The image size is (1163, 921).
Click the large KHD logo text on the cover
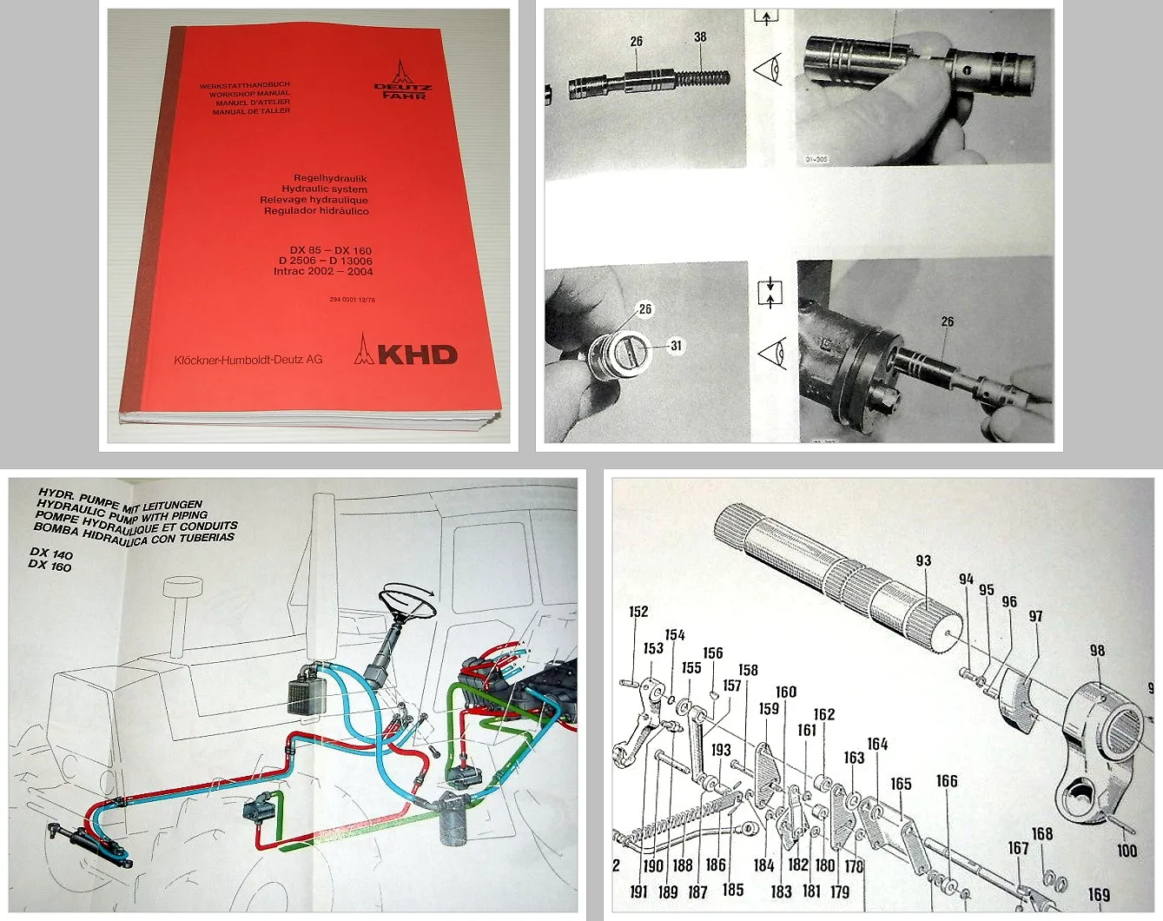click(x=417, y=354)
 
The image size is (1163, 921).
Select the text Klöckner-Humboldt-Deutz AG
click(x=248, y=360)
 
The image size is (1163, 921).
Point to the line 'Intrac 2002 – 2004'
click(x=323, y=272)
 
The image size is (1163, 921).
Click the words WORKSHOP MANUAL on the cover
click(x=249, y=94)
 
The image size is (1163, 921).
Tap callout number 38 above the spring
click(x=700, y=37)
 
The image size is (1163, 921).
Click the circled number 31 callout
click(x=677, y=346)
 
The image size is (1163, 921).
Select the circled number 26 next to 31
click(x=644, y=309)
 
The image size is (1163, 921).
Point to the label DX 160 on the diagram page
click(x=50, y=566)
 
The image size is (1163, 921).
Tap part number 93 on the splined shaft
click(x=923, y=561)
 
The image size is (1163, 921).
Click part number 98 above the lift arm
click(x=1097, y=651)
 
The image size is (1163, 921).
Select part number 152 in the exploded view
click(x=638, y=612)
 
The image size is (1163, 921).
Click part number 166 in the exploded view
click(x=947, y=781)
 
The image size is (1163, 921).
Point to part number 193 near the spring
click(x=721, y=750)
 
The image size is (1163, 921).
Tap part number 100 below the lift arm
click(x=1127, y=851)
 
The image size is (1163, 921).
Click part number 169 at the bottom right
click(x=1099, y=894)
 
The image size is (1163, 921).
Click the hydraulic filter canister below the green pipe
click(x=453, y=818)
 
